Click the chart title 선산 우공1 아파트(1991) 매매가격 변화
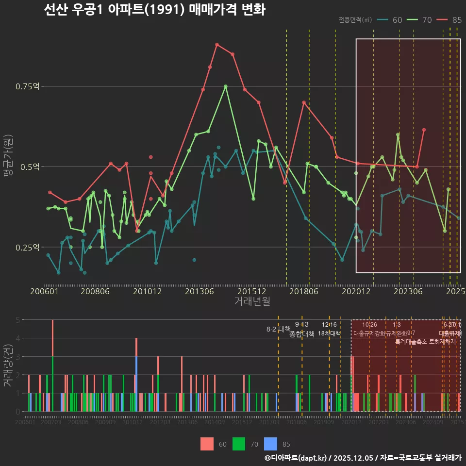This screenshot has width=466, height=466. pyautogui.click(x=154, y=10)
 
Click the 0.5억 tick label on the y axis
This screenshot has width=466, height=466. pyautogui.click(x=30, y=166)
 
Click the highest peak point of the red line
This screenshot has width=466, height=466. pyautogui.click(x=217, y=44)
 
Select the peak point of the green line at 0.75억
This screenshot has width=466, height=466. pyautogui.click(x=226, y=86)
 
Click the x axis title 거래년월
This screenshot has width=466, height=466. pyautogui.click(x=252, y=301)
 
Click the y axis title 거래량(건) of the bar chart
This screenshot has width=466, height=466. pyautogui.click(x=8, y=366)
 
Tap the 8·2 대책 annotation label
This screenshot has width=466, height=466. pyautogui.click(x=278, y=329)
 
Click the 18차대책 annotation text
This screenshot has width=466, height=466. pyautogui.click(x=329, y=333)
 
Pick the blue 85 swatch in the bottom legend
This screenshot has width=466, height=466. pyautogui.click(x=271, y=444)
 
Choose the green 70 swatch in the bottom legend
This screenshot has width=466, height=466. pyautogui.click(x=239, y=444)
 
